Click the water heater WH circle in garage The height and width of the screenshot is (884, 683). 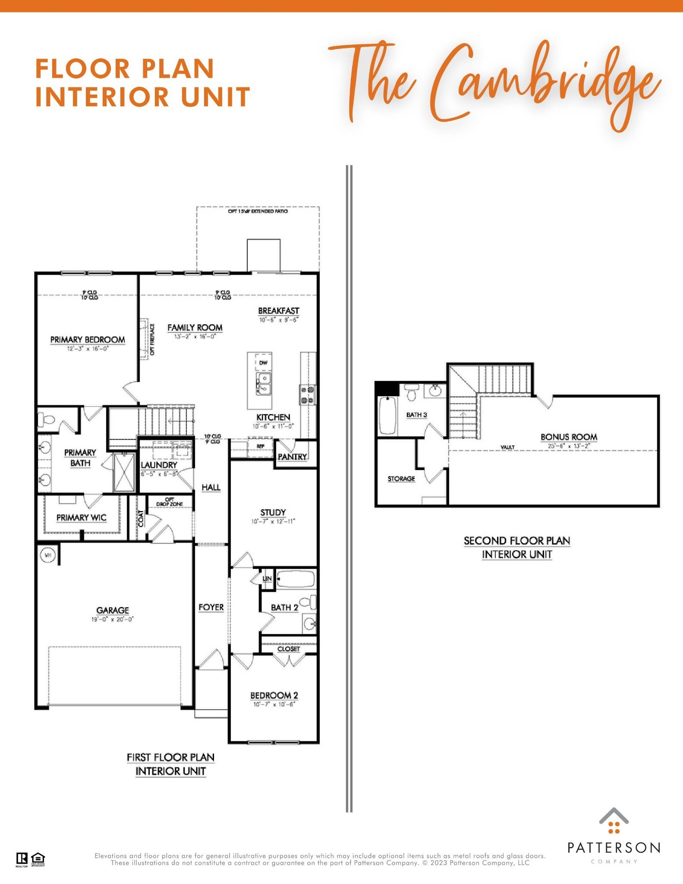[48, 555]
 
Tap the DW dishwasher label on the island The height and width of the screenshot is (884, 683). [263, 363]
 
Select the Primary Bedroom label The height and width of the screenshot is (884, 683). [88, 340]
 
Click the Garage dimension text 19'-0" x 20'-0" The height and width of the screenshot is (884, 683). [113, 619]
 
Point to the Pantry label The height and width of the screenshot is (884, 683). [292, 457]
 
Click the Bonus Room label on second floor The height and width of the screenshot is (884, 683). [569, 437]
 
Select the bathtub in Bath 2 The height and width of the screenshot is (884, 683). [295, 579]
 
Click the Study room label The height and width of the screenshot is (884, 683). [273, 512]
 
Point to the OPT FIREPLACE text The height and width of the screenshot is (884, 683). [152, 340]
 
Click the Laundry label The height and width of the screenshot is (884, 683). [159, 465]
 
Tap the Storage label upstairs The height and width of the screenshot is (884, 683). [401, 479]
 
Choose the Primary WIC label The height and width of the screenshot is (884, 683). [81, 518]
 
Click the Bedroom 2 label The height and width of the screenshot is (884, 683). [274, 695]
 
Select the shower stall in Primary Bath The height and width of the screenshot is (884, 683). [124, 472]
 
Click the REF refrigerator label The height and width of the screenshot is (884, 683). [260, 446]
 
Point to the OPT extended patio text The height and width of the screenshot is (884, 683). [258, 211]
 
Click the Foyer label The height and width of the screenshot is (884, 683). [211, 607]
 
